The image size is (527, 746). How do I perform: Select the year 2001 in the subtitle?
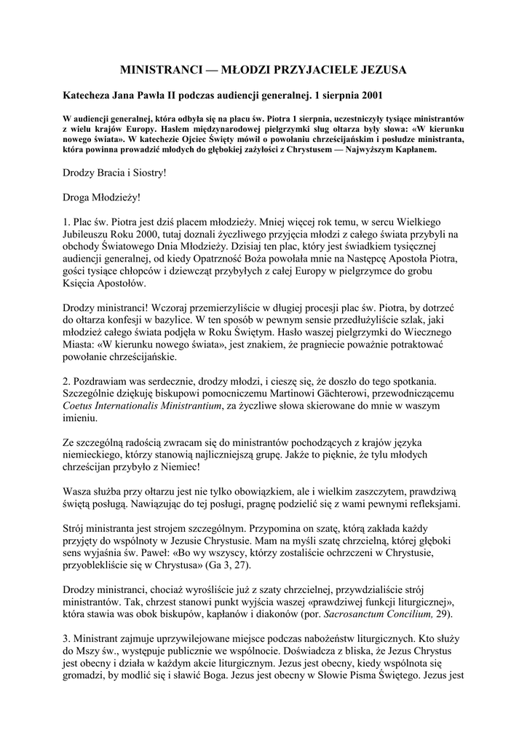coord(362,95)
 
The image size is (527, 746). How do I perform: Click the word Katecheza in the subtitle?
coord(87,95)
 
